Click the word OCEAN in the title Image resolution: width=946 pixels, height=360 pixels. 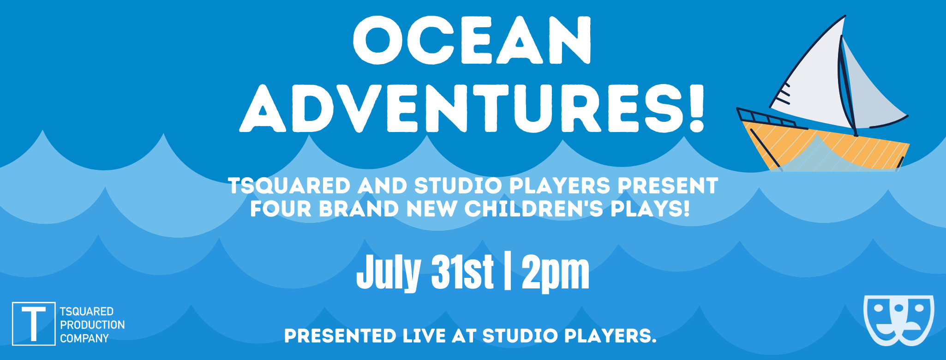pos(472,41)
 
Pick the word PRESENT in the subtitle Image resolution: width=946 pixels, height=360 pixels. pos(668,186)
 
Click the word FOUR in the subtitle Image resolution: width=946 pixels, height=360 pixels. pos(281,209)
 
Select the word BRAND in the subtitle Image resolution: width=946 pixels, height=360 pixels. pos(359,209)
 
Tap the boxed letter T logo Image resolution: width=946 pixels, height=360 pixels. pos(34,324)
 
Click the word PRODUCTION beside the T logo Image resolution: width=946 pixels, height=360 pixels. pos(92,325)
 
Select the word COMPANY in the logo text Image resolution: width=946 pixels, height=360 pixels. pos(84,338)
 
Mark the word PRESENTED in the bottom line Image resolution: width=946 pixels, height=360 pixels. pos(340,336)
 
